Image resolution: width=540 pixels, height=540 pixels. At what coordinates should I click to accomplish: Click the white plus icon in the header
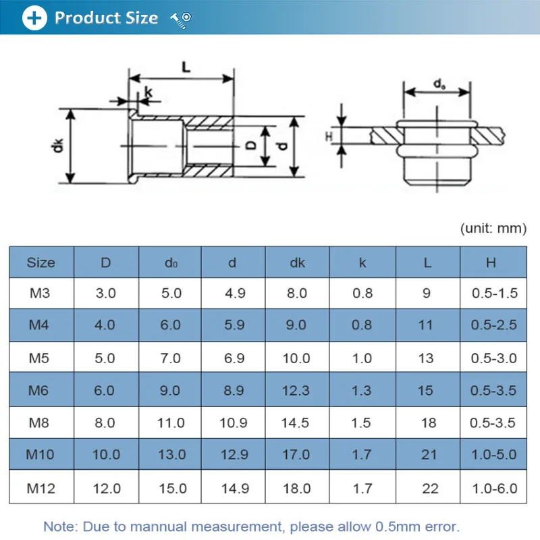pyautogui.click(x=34, y=18)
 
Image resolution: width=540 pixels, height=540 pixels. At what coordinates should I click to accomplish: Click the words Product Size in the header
pyautogui.click(x=106, y=18)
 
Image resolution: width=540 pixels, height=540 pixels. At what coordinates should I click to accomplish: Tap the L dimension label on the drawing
pyautogui.click(x=186, y=65)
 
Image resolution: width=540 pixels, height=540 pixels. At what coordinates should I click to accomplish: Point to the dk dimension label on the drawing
pyautogui.click(x=59, y=144)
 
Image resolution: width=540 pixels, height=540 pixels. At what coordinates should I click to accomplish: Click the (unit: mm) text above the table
pyautogui.click(x=493, y=228)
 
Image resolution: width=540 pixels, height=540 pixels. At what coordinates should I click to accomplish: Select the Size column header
pyautogui.click(x=40, y=263)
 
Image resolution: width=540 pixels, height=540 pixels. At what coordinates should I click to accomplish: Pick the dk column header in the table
pyautogui.click(x=297, y=263)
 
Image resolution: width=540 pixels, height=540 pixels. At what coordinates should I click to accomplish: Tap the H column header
pyautogui.click(x=491, y=263)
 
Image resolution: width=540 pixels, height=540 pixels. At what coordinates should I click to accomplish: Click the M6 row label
pyautogui.click(x=40, y=391)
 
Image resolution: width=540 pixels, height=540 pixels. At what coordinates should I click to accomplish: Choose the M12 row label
pyautogui.click(x=40, y=488)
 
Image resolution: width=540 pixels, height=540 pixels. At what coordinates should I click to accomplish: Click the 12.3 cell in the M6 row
pyautogui.click(x=296, y=391)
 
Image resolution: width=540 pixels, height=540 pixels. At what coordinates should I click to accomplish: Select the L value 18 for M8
pyautogui.click(x=428, y=423)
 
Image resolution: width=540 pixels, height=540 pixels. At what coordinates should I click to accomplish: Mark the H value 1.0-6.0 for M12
pyautogui.click(x=493, y=488)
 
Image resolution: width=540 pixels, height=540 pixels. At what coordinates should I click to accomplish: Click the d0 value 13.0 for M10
pyautogui.click(x=170, y=455)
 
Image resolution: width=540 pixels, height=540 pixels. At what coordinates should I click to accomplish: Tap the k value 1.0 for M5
pyautogui.click(x=362, y=358)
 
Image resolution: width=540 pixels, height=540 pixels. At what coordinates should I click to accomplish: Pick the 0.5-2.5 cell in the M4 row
pyautogui.click(x=493, y=325)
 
